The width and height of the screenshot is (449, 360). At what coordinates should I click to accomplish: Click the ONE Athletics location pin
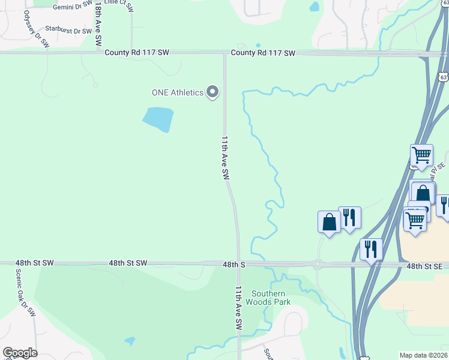212,92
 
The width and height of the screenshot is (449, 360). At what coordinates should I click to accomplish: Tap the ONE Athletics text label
177,92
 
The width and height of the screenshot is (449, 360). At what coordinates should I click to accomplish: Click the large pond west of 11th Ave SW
158,119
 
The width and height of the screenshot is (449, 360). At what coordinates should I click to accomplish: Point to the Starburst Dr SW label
71,31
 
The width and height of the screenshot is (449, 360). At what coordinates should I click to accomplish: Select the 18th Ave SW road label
97,24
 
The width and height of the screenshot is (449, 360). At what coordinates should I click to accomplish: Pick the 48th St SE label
427,265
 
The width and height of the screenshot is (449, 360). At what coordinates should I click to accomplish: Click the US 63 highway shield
443,77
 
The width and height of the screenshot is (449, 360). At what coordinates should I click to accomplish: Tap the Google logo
20,353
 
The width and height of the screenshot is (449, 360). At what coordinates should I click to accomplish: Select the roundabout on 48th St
317,263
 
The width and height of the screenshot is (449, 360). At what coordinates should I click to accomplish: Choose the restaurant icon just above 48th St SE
371,248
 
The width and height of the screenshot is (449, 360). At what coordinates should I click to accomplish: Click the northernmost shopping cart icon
421,155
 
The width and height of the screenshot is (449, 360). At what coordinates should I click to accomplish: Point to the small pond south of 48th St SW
130,341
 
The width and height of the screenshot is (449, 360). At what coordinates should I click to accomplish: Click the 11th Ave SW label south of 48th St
238,307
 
